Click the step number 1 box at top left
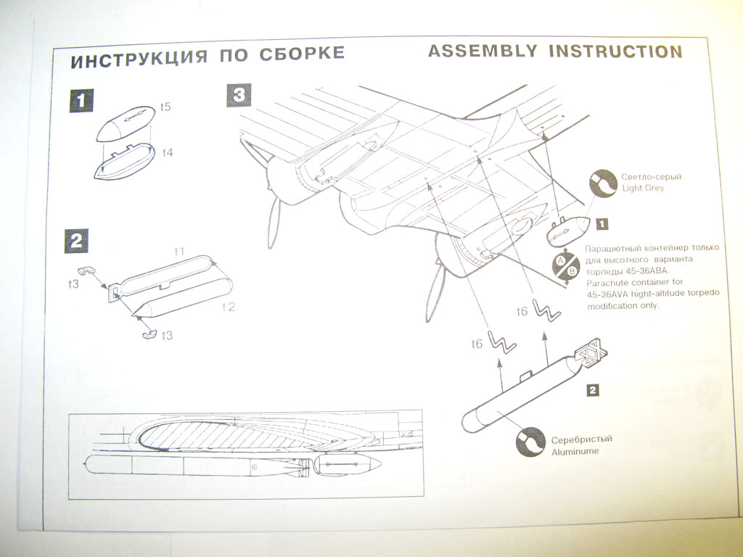click(x=81, y=100)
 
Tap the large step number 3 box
click(x=239, y=95)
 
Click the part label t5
click(x=165, y=107)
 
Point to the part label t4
click(x=168, y=153)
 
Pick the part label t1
click(x=179, y=251)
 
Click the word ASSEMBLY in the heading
click(x=483, y=51)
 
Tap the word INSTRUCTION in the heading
click(x=615, y=51)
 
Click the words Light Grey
click(x=641, y=189)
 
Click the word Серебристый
click(x=582, y=440)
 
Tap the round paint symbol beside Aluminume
click(x=530, y=442)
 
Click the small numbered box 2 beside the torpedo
click(x=592, y=391)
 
